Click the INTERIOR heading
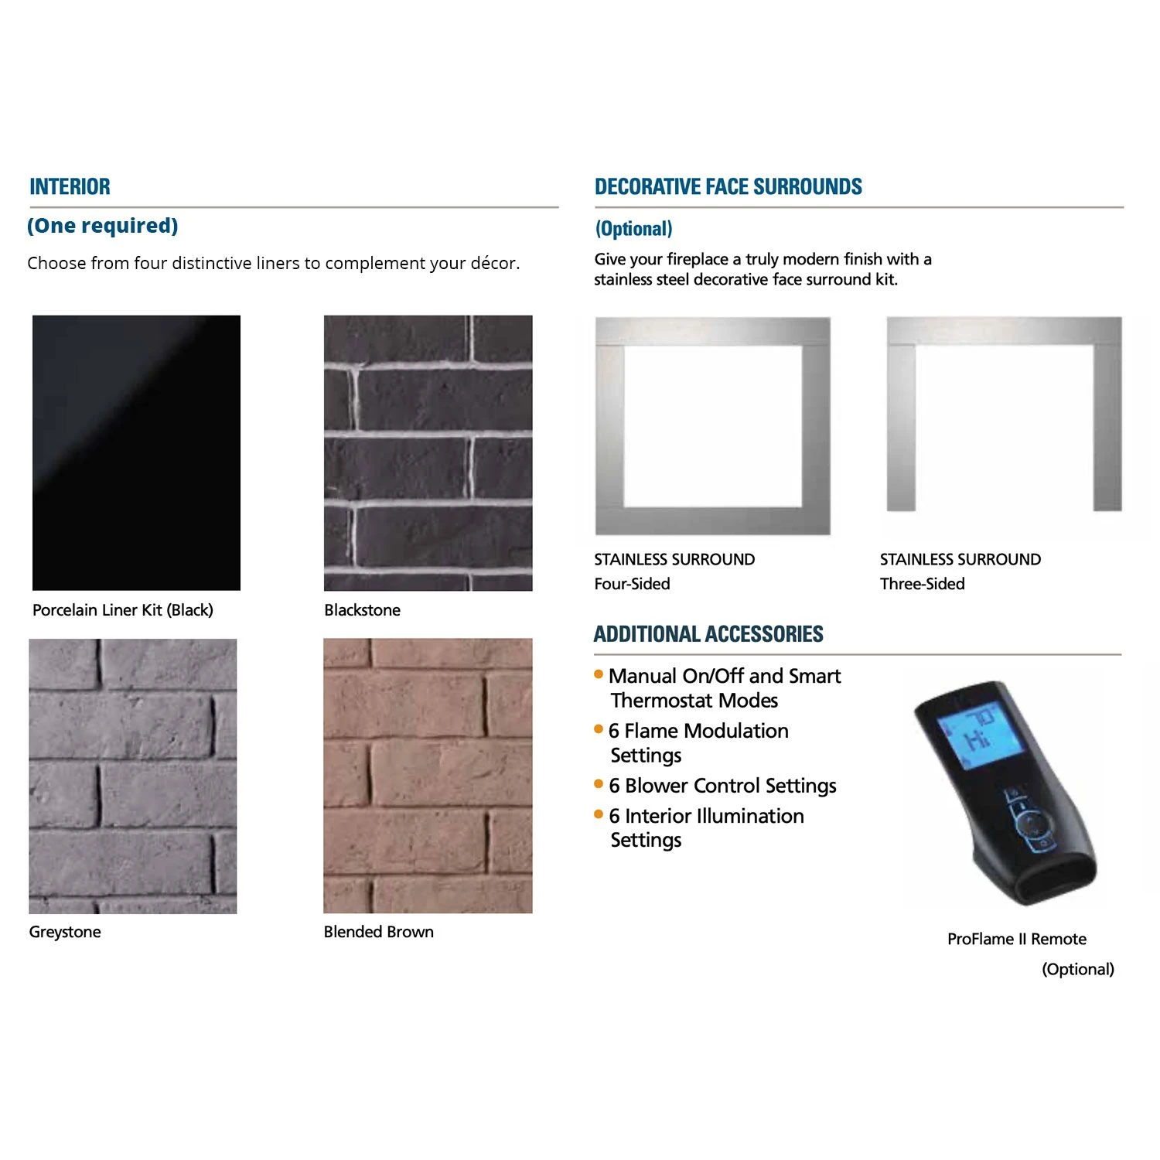click(70, 186)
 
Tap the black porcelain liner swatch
click(136, 452)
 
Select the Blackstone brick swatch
click(428, 452)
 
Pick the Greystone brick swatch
click(133, 776)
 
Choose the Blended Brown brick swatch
click(428, 776)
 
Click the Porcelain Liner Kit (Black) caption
click(123, 610)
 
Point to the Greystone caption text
click(65, 932)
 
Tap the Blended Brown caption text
click(379, 932)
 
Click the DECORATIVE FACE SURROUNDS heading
click(728, 186)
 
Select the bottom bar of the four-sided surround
click(713, 520)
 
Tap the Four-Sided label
click(632, 584)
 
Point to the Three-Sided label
click(923, 584)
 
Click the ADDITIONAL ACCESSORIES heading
click(708, 634)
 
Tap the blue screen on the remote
click(980, 739)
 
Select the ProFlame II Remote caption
click(1017, 939)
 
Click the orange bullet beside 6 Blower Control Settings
click(599, 783)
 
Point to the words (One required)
click(103, 226)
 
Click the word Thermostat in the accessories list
click(662, 701)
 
